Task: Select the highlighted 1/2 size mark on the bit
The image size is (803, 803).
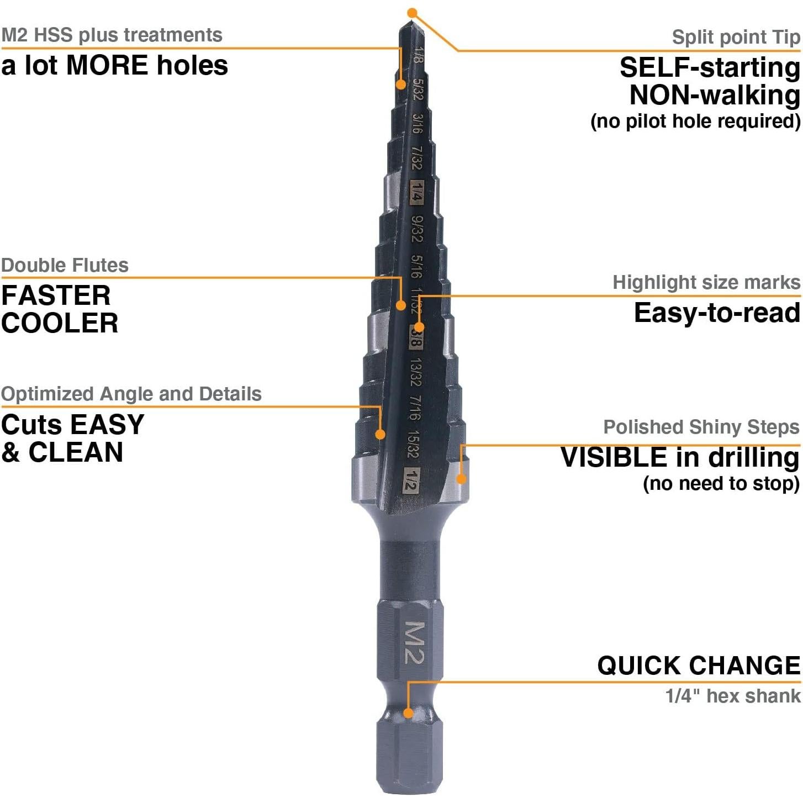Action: (411, 480)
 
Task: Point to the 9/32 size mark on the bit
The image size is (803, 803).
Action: (417, 229)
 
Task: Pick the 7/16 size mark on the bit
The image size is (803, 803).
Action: (414, 408)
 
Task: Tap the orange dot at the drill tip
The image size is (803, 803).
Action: (412, 13)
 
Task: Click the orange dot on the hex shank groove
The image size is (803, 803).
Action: (408, 713)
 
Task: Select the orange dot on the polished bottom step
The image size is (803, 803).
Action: (461, 478)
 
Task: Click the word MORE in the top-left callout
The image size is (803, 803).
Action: (107, 65)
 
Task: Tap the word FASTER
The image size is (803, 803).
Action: (56, 295)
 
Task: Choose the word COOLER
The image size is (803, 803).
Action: (60, 323)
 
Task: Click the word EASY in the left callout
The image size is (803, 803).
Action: (108, 425)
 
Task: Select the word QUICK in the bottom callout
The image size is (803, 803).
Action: (639, 665)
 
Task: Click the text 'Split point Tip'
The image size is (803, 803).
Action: (736, 37)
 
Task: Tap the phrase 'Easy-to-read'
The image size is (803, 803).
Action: (717, 313)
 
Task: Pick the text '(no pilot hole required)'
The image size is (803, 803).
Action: (695, 121)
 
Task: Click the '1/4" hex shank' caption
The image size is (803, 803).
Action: (733, 696)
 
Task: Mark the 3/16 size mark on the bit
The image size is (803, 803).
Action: (418, 124)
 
